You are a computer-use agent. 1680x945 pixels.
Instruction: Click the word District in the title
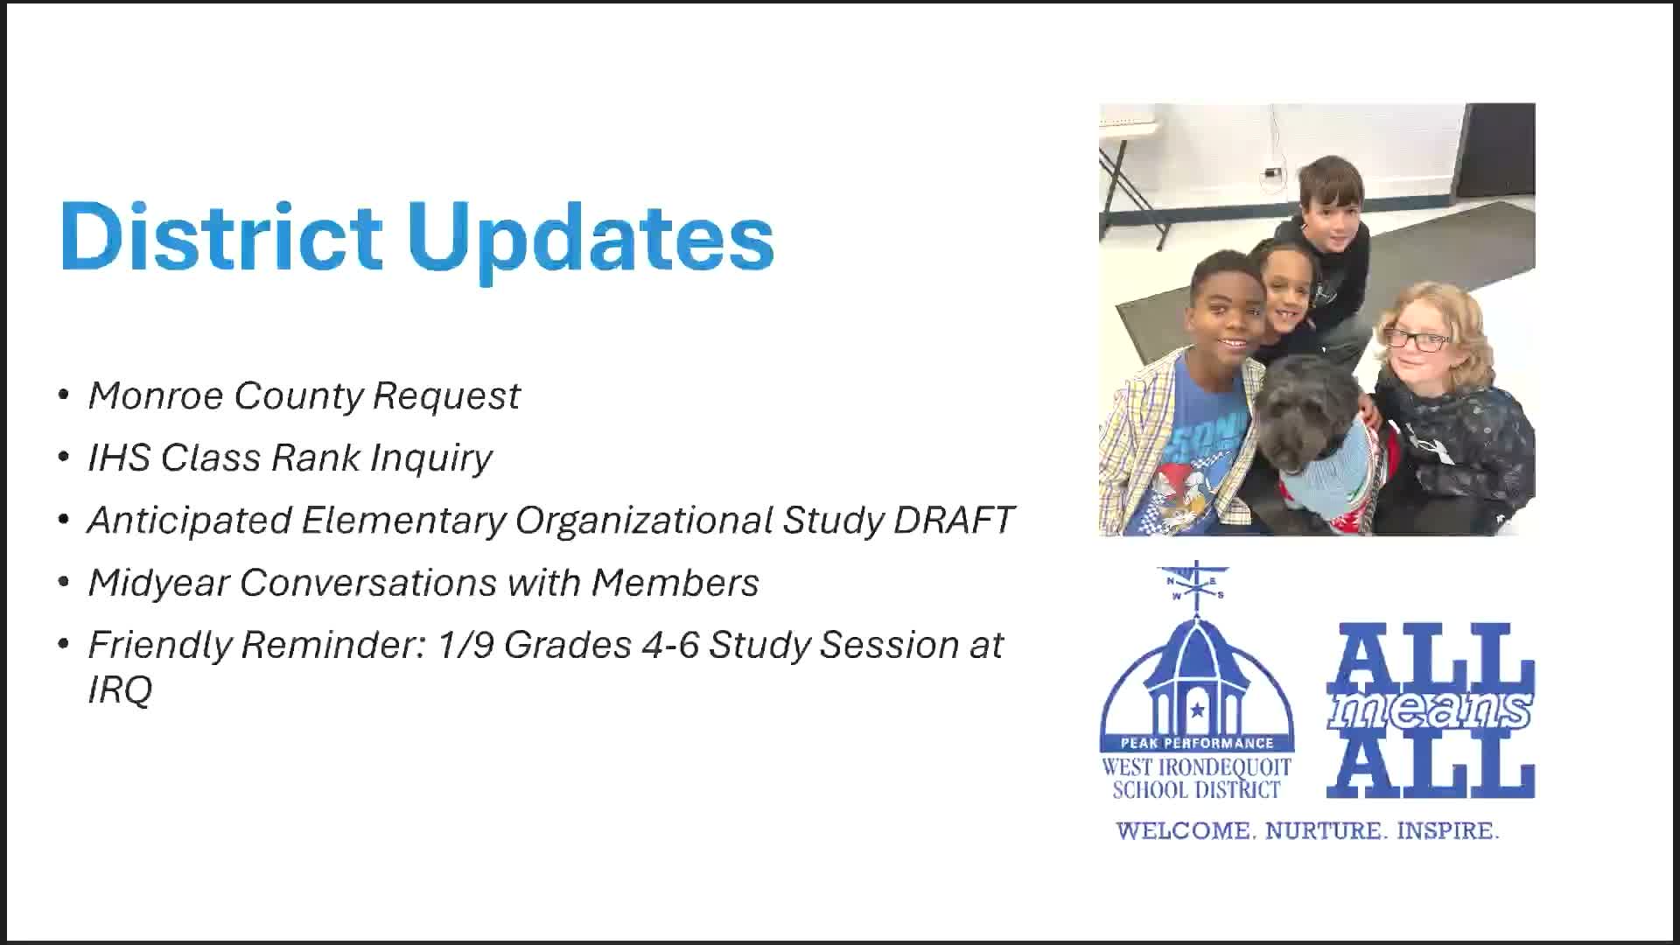[220, 235]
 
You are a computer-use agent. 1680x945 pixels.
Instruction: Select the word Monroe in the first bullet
[156, 395]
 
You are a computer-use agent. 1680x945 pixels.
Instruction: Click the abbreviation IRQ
[120, 689]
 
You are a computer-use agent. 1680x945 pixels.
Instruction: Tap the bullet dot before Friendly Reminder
[63, 645]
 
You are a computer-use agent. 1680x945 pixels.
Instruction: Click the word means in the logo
[1430, 710]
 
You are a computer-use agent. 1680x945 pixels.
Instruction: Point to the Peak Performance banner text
[1197, 744]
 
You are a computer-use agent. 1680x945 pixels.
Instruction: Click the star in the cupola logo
[1196, 710]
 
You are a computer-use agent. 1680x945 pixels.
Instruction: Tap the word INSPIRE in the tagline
[1448, 830]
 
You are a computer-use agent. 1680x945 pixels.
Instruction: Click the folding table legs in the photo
[1132, 197]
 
